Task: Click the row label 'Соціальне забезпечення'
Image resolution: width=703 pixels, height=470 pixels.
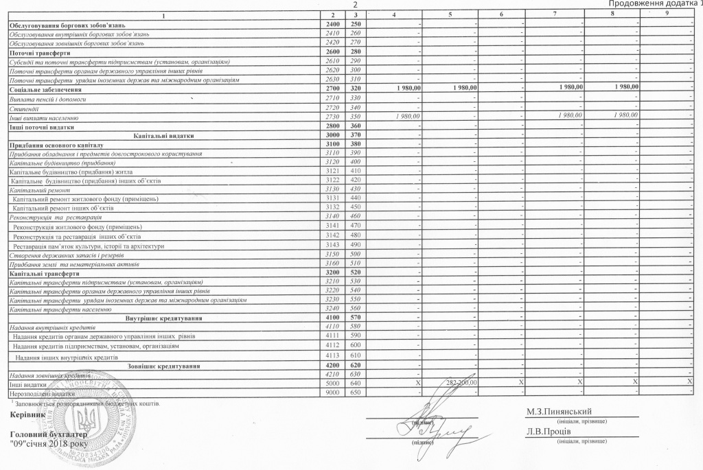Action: click(46, 89)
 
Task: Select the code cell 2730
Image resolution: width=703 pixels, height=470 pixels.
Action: click(332, 118)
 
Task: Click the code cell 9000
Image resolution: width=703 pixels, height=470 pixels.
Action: click(332, 391)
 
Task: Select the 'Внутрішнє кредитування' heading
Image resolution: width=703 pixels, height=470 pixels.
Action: click(163, 318)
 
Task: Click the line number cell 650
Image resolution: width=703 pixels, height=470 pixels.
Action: click(354, 391)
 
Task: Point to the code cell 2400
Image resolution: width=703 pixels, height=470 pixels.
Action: click(332, 24)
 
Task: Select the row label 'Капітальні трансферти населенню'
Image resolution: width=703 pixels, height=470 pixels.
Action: click(60, 309)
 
